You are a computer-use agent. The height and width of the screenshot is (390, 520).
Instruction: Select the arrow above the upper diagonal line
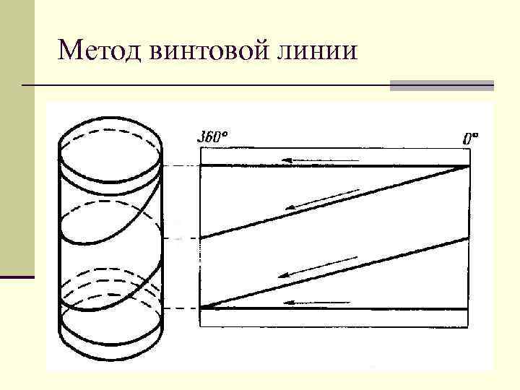point(321,199)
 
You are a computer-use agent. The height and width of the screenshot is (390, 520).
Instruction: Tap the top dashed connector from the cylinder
point(181,165)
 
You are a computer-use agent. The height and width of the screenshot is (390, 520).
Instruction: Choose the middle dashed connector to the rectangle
point(181,238)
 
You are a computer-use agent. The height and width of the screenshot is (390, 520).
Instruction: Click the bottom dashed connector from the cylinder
point(181,308)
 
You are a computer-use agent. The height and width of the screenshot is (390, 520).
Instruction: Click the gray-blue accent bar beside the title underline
point(441,85)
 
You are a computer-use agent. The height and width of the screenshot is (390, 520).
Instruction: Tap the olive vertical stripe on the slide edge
point(17,137)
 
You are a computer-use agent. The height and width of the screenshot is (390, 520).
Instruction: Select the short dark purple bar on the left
point(17,277)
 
